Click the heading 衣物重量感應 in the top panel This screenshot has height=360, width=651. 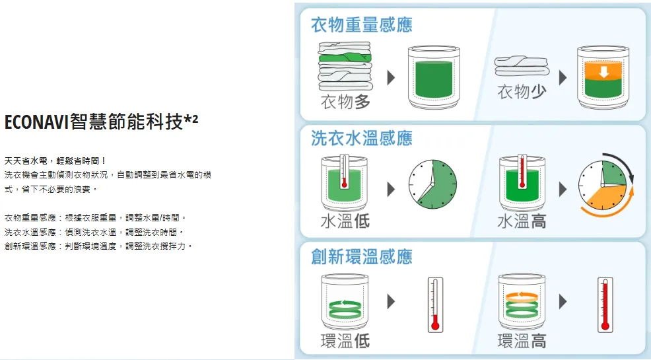coord(362,25)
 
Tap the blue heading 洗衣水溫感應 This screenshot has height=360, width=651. coord(362,138)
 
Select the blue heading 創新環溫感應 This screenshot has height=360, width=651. coord(362,256)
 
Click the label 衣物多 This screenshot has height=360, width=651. coord(345,102)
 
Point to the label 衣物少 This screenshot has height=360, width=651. coord(522,92)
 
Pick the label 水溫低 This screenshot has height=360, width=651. coord(345,221)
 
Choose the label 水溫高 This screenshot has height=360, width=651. coord(522,221)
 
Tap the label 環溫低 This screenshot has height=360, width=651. coord(345,341)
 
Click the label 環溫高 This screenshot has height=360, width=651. coord(522,341)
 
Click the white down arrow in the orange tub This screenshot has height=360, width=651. coord(603,72)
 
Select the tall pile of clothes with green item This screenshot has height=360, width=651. coord(345,67)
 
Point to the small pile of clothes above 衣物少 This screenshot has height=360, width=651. coord(522,67)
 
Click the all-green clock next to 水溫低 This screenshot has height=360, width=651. coord(432,184)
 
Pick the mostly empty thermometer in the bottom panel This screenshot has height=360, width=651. coord(435,305)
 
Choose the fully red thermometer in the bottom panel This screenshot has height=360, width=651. coord(605,305)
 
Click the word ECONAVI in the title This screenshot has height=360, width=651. coord(36,122)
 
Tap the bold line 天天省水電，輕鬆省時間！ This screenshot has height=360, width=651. coord(55,161)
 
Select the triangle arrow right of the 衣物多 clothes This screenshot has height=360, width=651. coord(391,78)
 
